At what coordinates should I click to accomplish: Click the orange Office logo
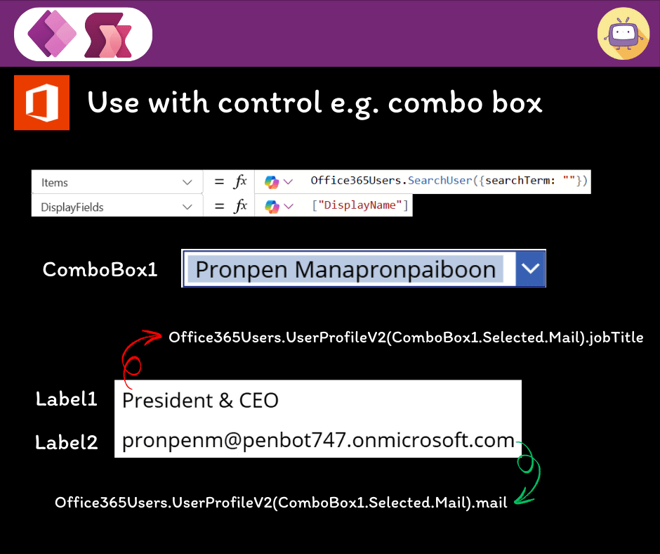pyautogui.click(x=41, y=103)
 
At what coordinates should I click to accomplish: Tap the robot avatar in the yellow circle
pyautogui.click(x=623, y=34)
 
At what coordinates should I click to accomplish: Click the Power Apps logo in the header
pyautogui.click(x=51, y=34)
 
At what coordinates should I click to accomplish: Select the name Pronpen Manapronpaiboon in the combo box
pyautogui.click(x=345, y=269)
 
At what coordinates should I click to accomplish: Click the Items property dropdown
pyautogui.click(x=116, y=182)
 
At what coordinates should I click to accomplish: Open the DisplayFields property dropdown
pyautogui.click(x=116, y=207)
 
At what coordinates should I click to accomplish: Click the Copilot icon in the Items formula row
pyautogui.click(x=272, y=182)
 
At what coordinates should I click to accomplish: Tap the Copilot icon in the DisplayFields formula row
pyautogui.click(x=272, y=207)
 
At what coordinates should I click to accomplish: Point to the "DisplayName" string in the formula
pyautogui.click(x=360, y=205)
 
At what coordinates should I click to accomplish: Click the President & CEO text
pyautogui.click(x=200, y=401)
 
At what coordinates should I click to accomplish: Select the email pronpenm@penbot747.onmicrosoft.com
pyautogui.click(x=318, y=441)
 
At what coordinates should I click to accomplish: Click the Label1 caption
pyautogui.click(x=67, y=399)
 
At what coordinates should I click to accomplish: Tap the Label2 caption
pyautogui.click(x=67, y=442)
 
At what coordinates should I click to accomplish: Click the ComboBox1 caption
pyautogui.click(x=100, y=269)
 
